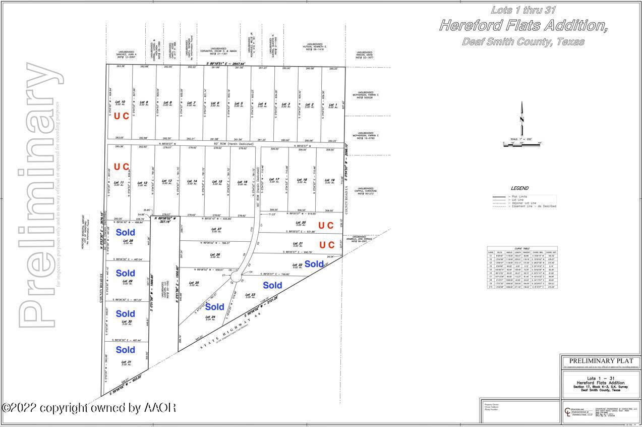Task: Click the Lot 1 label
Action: [332, 105]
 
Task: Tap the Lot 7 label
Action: [191, 103]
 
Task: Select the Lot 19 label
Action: [330, 180]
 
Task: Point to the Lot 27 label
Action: [215, 229]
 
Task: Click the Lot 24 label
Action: [210, 317]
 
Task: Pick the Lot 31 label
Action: [126, 362]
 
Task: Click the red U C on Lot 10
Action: [121, 116]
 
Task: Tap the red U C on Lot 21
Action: [327, 245]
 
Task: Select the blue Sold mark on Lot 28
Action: [125, 232]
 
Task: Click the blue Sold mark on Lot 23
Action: [272, 285]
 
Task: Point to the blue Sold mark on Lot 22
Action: [314, 264]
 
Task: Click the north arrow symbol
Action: [522, 119]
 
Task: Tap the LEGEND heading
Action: [520, 188]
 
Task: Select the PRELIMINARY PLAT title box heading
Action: [600, 361]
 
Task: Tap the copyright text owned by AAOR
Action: [89, 407]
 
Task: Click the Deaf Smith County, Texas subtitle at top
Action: [523, 42]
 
